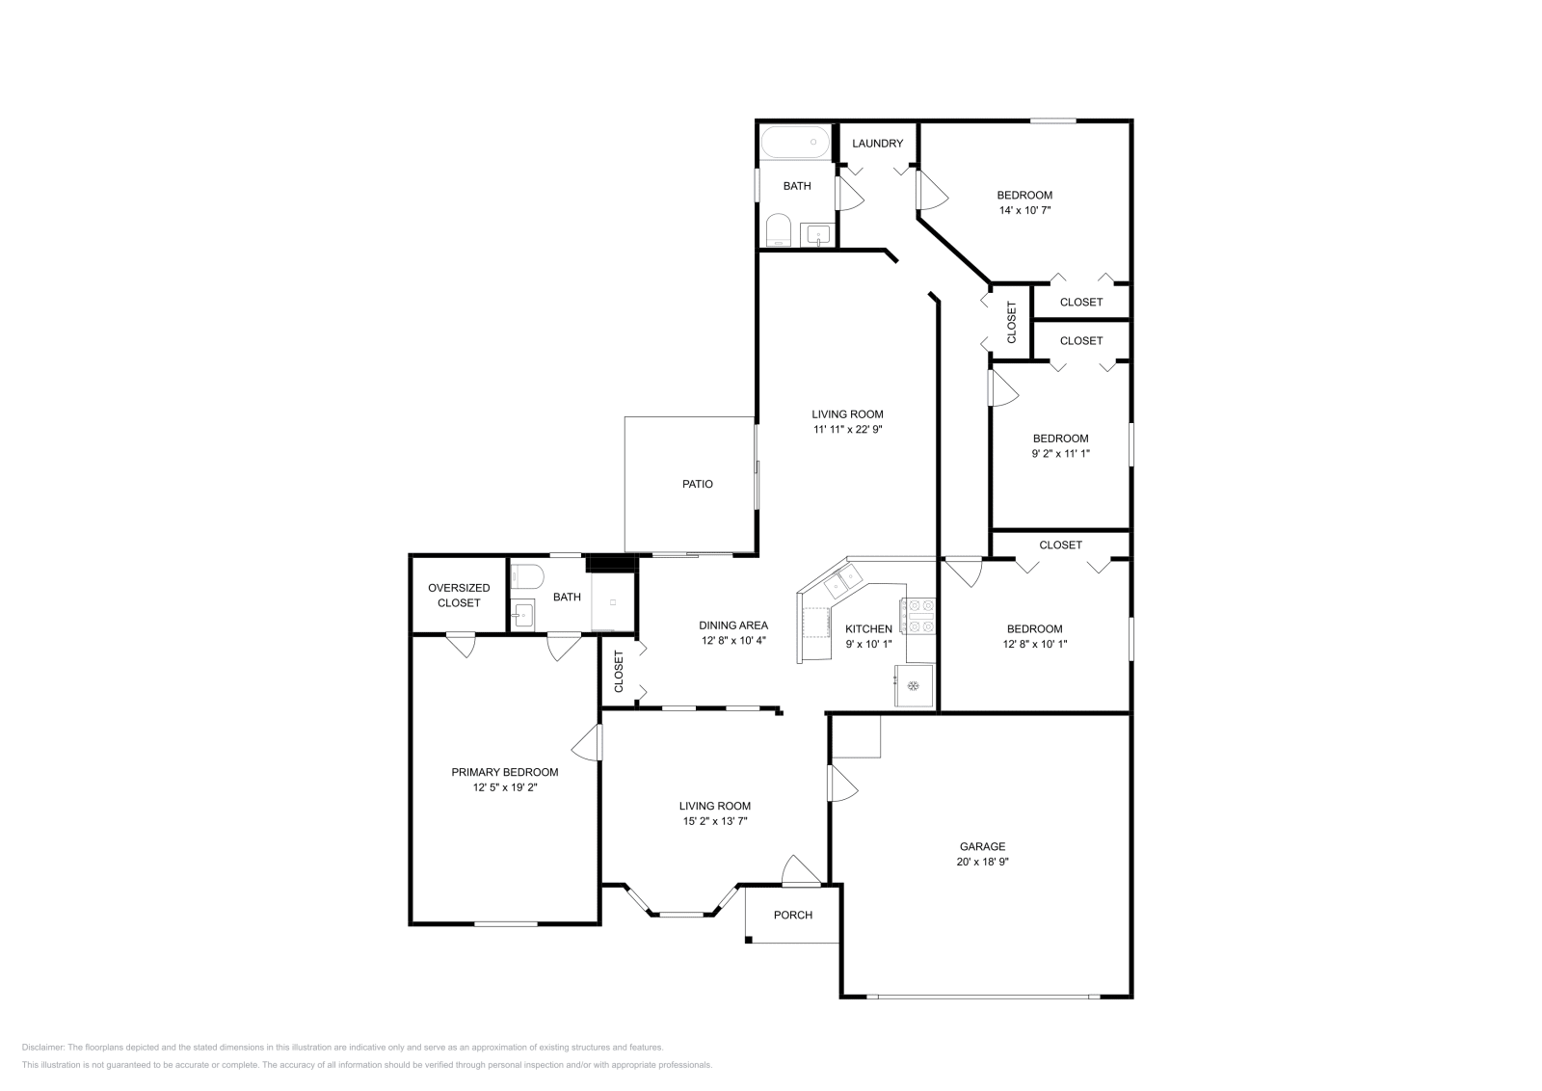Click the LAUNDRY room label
(877, 144)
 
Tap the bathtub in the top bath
(796, 143)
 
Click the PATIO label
(697, 484)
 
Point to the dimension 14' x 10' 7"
(1024, 209)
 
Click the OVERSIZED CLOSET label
(459, 595)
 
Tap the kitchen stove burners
(917, 616)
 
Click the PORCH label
(793, 915)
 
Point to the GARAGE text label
(982, 846)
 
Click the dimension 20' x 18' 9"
(982, 862)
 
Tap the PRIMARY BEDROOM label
(505, 772)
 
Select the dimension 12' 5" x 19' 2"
(505, 787)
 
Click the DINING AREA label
(733, 625)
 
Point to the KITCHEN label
(868, 628)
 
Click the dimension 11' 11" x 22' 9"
(847, 430)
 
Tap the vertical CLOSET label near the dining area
(620, 672)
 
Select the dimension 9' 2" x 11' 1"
(1060, 453)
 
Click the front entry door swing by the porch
(799, 870)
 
